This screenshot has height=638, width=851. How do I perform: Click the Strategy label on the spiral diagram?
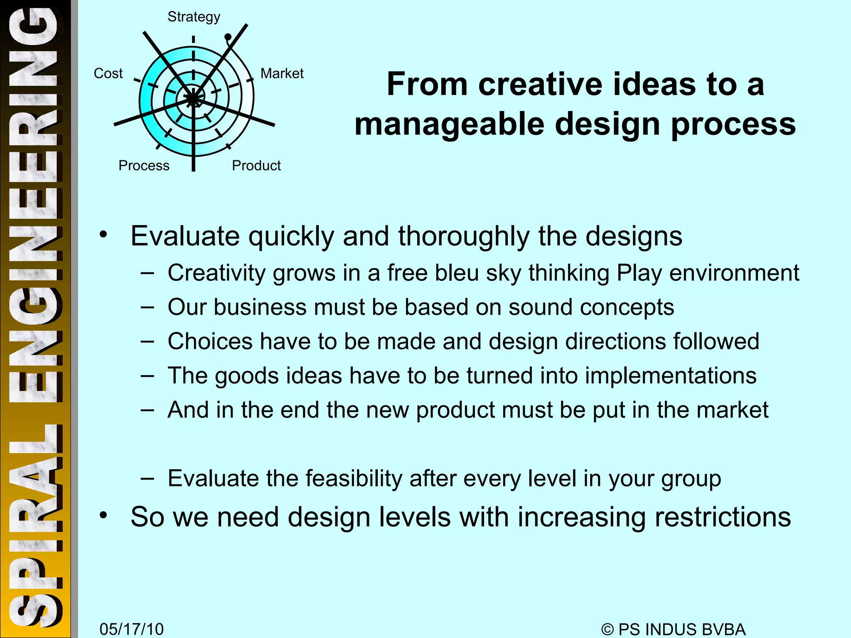[194, 17]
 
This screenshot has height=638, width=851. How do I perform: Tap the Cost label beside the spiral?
[108, 74]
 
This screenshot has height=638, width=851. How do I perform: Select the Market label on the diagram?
[282, 74]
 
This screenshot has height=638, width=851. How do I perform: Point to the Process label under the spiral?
[144, 166]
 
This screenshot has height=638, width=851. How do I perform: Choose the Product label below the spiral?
[256, 166]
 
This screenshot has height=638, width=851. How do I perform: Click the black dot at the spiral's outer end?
[228, 37]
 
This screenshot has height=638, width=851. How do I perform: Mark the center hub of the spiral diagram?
[193, 98]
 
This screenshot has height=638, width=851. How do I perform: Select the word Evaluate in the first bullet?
[185, 236]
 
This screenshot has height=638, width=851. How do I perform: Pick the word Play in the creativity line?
[639, 273]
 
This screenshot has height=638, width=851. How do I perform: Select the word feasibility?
[354, 478]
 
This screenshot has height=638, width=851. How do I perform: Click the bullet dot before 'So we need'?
[103, 515]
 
